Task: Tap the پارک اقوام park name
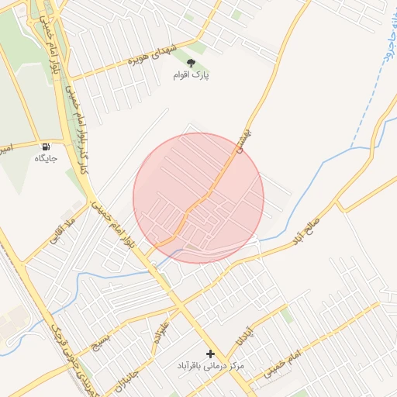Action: tap(192, 76)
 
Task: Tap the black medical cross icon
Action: tap(209, 354)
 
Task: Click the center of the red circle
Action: tap(198, 198)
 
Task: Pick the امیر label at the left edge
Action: tap(5, 147)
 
